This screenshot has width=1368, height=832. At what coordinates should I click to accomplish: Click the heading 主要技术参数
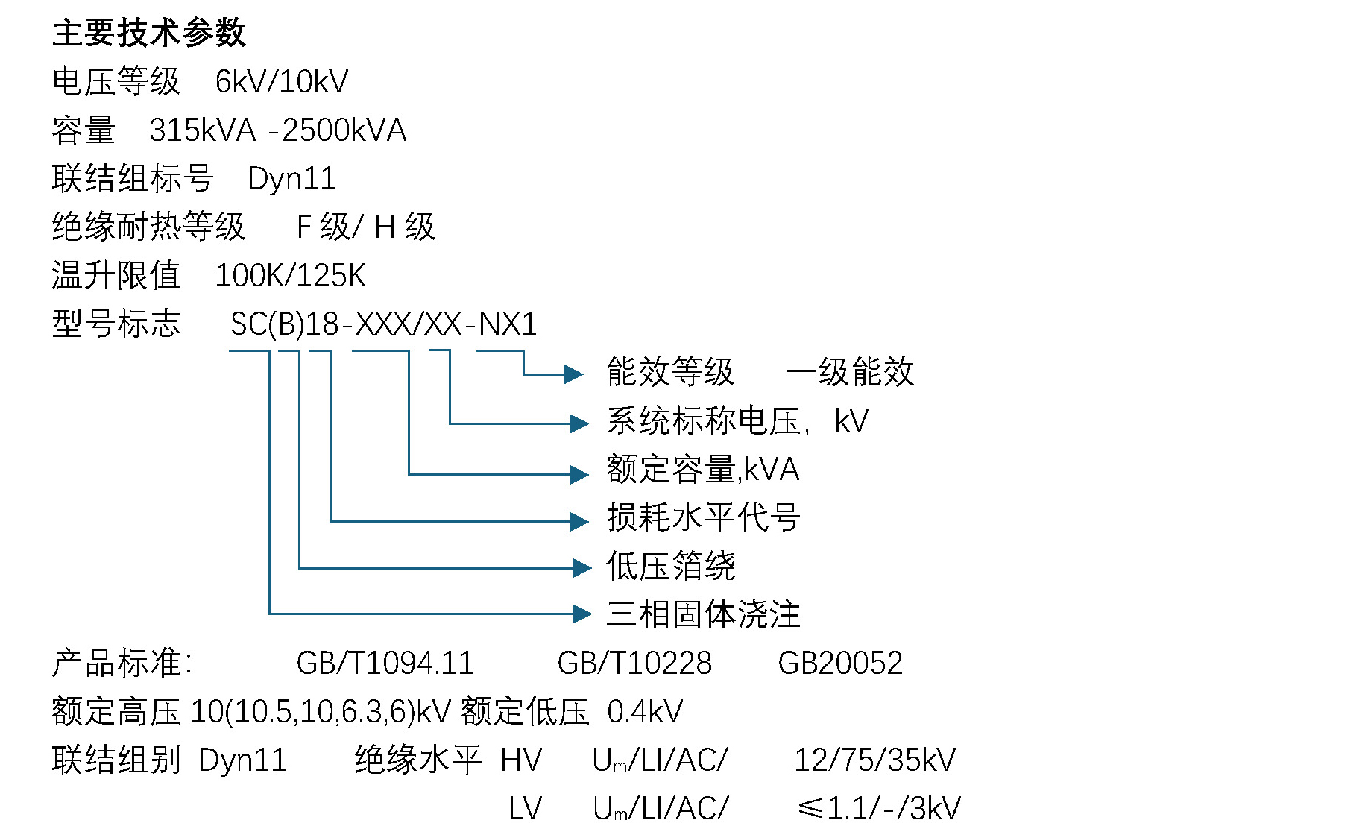[149, 34]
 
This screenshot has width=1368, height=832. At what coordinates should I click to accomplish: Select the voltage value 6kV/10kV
[281, 81]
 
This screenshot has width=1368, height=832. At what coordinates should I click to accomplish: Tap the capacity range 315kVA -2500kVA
[277, 130]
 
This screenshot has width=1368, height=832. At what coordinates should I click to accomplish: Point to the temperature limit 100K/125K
[290, 276]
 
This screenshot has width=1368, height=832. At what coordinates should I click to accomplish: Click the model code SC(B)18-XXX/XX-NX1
[383, 324]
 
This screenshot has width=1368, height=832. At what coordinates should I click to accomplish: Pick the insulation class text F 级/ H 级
[365, 227]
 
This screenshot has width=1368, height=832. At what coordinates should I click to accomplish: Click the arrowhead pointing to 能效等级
[573, 374]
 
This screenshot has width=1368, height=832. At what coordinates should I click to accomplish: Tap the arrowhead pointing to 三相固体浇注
[581, 614]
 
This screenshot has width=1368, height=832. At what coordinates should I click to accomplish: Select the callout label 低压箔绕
[671, 566]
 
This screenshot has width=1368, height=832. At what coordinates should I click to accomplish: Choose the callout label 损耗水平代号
[703, 517]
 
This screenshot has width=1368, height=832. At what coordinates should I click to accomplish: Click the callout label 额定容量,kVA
[702, 470]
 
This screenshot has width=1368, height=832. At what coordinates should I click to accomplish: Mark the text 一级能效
[850, 372]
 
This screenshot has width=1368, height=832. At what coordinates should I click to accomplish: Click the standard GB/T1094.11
[385, 663]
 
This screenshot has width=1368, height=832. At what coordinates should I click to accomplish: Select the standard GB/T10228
[634, 663]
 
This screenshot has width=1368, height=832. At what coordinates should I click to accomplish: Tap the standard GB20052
[840, 663]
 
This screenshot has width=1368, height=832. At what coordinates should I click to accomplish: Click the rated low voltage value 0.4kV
[645, 712]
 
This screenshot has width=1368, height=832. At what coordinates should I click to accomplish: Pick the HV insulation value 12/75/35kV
[874, 760]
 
